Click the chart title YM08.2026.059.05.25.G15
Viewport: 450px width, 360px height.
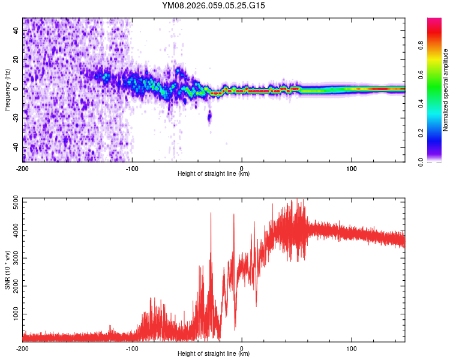(214, 5)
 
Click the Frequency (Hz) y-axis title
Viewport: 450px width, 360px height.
(7, 89)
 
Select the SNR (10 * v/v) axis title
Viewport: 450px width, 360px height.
(7, 269)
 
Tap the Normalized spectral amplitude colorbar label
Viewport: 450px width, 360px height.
(445, 90)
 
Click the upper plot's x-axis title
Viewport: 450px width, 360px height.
(214, 174)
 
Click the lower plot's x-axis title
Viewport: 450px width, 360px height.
(214, 353)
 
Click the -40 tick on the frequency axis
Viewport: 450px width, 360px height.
(14, 146)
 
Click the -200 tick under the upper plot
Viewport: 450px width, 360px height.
(23, 168)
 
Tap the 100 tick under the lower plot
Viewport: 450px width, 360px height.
(352, 348)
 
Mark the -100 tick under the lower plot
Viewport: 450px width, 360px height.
(132, 348)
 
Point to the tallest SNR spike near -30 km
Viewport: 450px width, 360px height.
(211, 214)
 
